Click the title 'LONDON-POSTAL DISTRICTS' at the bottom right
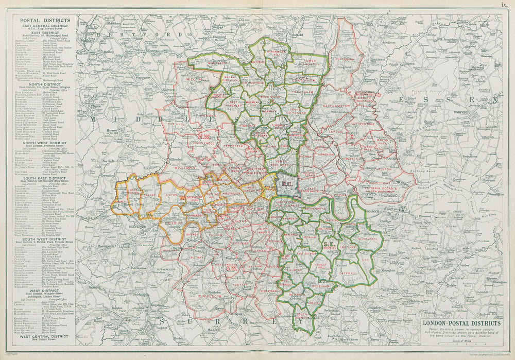click(461, 323)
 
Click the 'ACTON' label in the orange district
click(171, 196)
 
